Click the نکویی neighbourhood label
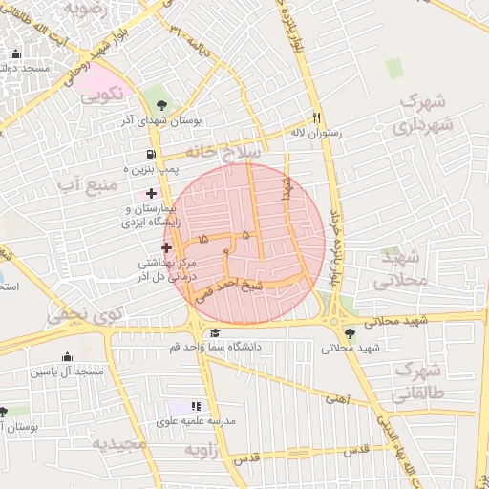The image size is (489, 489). pyautogui.click(x=101, y=94)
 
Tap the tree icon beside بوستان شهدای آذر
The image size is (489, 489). pyautogui.click(x=158, y=103)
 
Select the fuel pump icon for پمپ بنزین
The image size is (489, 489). pyautogui.click(x=151, y=155)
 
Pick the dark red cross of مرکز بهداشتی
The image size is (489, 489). pyautogui.click(x=166, y=247)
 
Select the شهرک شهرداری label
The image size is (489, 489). pyautogui.click(x=420, y=112)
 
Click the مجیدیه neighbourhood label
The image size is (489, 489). pyautogui.click(x=119, y=444)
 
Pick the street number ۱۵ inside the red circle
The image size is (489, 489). pyautogui.click(x=202, y=239)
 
